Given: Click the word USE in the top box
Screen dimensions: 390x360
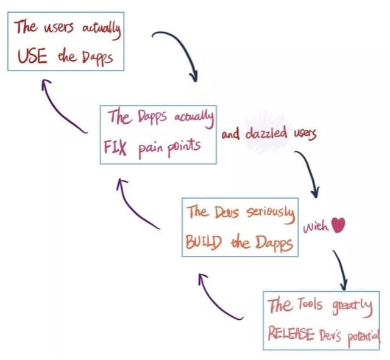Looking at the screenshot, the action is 32,56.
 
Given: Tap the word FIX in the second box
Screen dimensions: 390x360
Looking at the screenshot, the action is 115,147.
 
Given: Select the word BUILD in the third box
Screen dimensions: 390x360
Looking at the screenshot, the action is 204,242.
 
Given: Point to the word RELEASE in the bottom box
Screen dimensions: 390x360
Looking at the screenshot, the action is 291,334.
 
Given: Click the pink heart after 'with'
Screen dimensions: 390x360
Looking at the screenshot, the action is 338,225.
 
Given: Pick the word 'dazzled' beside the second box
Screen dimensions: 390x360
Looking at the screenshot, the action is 266,133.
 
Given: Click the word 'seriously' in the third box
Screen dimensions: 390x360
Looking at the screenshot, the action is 271,214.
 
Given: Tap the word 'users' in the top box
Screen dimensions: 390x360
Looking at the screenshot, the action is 59,27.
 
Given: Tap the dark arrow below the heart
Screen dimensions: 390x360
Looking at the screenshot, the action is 341,269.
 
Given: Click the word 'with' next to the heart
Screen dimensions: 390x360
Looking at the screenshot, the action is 316,226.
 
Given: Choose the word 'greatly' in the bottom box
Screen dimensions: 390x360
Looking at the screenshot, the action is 352,307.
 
